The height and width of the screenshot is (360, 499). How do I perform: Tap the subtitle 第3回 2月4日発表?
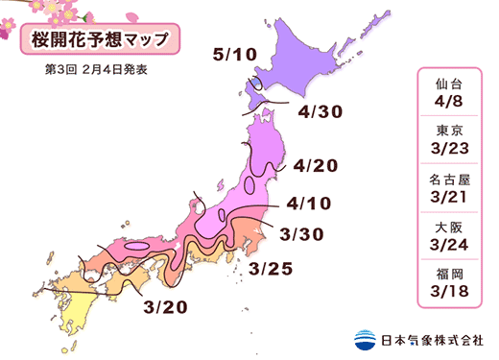[x=95, y=70]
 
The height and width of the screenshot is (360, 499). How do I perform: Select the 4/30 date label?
[x=320, y=112]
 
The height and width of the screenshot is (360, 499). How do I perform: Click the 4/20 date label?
[x=317, y=166]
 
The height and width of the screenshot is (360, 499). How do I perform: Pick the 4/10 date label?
[x=308, y=204]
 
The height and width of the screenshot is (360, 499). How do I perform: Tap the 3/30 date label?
[x=301, y=233]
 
